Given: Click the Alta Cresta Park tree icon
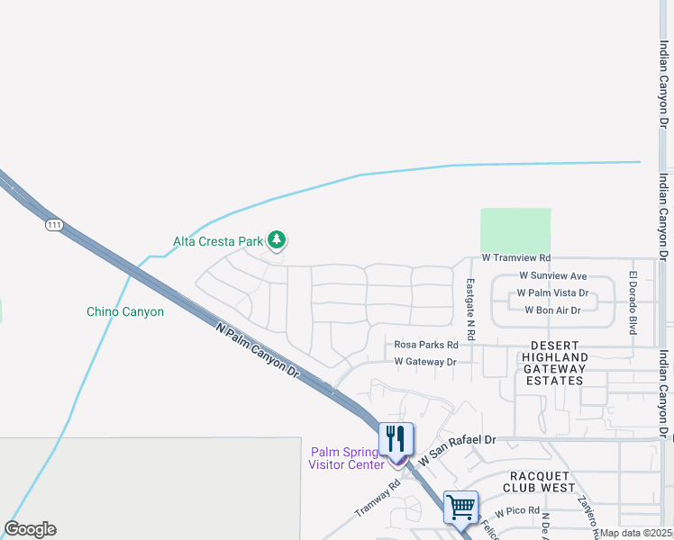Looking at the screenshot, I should [278, 239].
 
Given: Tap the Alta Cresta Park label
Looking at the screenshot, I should [217, 241].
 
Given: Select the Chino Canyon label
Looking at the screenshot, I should [125, 312].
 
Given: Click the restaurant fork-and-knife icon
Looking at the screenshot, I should [396, 439].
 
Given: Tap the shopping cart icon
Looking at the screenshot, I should [460, 507].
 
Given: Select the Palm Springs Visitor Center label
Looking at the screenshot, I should [346, 458].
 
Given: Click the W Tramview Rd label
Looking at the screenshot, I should [515, 257].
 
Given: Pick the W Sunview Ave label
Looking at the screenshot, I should [553, 276].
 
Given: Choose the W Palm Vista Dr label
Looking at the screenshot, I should [551, 293].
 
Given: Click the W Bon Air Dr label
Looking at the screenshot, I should [552, 310].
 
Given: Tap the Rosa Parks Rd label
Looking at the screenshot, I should [426, 345].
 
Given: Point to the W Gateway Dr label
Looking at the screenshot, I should [425, 362].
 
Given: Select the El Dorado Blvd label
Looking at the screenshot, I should [633, 302].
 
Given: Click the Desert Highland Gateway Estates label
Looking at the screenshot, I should [558, 363].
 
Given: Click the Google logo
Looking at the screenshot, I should [30, 529].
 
